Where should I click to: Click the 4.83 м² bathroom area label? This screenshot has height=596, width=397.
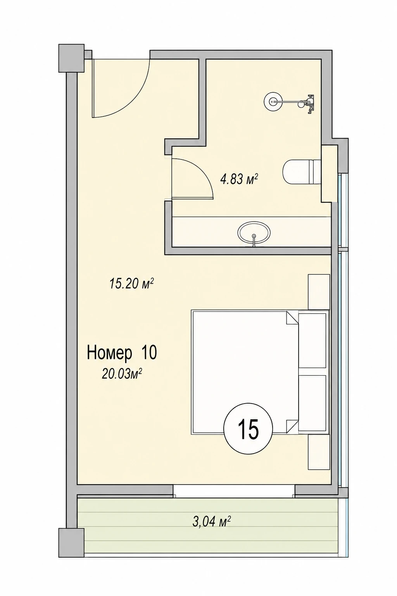click(239, 179)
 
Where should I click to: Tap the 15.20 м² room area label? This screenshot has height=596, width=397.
click(132, 284)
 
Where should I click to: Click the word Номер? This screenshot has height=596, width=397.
click(110, 353)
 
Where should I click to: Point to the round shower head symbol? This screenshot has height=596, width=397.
click(272, 101)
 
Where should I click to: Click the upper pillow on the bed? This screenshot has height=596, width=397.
click(312, 341)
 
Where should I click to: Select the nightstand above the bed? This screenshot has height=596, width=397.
click(319, 292)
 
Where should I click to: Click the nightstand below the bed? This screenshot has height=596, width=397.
click(319, 452)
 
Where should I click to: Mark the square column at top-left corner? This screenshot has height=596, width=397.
click(71, 58)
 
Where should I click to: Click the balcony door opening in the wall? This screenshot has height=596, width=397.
click(234, 492)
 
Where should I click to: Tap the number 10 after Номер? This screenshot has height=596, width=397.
click(149, 353)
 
